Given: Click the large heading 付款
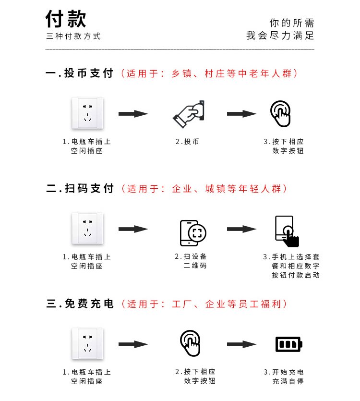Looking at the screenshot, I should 66,20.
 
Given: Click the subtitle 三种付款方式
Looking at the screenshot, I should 73,36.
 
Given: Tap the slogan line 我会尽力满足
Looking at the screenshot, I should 280,36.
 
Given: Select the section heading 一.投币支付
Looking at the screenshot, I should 80,73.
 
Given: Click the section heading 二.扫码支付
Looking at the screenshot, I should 80,189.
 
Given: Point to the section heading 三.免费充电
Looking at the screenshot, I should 80,304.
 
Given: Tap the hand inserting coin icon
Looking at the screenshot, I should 189,113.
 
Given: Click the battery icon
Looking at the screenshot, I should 289,344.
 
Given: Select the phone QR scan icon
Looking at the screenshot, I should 193,232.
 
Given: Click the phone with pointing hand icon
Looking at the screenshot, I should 287,231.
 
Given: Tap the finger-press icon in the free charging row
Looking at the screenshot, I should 190,343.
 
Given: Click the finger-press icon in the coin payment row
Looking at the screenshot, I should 281,113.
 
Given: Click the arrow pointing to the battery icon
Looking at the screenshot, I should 242,344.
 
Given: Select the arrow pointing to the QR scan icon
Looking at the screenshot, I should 133,229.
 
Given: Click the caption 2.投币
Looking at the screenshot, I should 187,142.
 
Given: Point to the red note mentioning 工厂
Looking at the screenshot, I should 204,304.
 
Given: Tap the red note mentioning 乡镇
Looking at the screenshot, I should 210,73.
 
